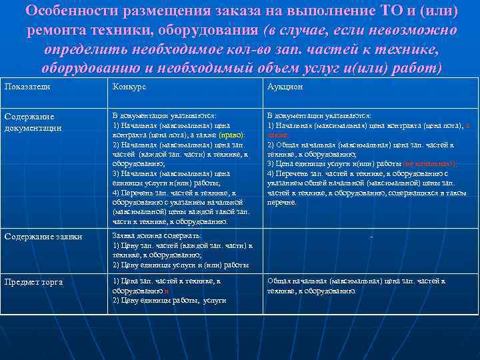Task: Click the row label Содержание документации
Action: pyautogui.click(x=33, y=122)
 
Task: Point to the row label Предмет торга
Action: pyautogui.click(x=33, y=282)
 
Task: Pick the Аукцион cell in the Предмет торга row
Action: pyautogui.click(x=356, y=286)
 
